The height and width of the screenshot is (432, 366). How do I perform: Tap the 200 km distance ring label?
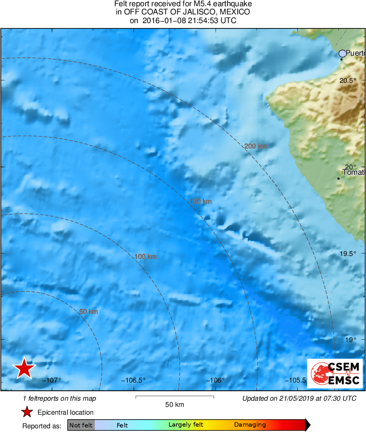pyautogui.click(x=256, y=146)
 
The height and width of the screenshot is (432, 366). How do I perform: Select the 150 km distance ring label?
pyautogui.click(x=201, y=202)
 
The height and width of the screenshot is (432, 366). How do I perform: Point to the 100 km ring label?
pyautogui.click(x=145, y=257)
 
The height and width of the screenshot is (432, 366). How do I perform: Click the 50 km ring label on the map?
pyautogui.click(x=88, y=312)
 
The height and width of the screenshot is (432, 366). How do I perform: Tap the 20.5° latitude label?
pyautogui.click(x=347, y=81)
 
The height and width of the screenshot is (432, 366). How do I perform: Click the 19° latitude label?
pyautogui.click(x=351, y=340)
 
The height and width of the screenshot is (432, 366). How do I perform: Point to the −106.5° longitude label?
pyautogui.click(x=133, y=380)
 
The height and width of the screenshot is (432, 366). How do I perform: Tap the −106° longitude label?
pyautogui.click(x=216, y=380)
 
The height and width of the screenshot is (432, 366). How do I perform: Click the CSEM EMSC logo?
pyautogui.click(x=335, y=373)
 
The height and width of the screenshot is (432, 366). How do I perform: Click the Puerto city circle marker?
pyautogui.click(x=343, y=54)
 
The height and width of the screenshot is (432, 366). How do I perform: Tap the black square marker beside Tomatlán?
pyautogui.click(x=338, y=178)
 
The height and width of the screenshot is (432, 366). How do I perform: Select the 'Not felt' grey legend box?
pyautogui.click(x=81, y=425)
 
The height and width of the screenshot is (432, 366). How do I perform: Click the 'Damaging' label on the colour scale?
pyautogui.click(x=250, y=425)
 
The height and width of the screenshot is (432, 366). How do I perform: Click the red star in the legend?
pyautogui.click(x=27, y=412)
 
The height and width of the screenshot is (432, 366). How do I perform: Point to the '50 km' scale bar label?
pyautogui.click(x=174, y=405)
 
